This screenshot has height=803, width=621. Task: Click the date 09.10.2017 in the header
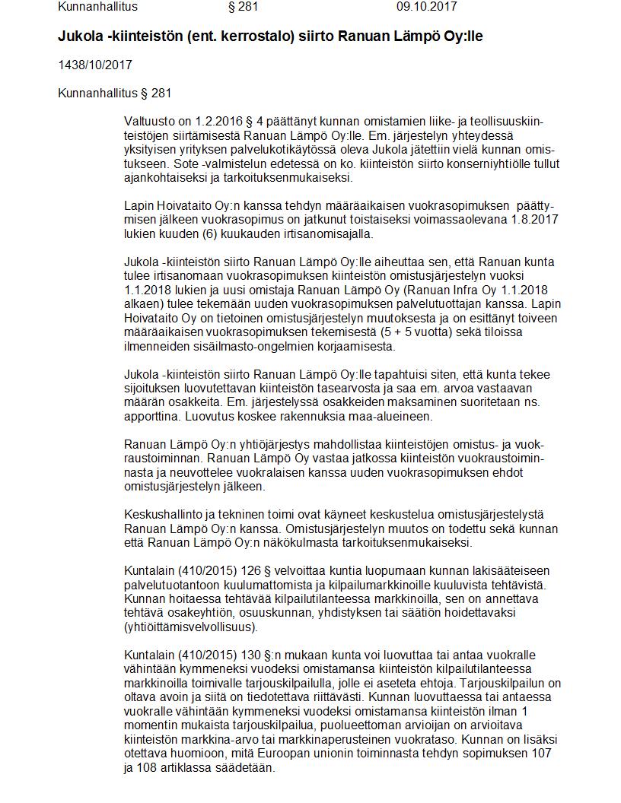click(426, 7)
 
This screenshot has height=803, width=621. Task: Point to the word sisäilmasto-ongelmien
click(266, 346)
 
